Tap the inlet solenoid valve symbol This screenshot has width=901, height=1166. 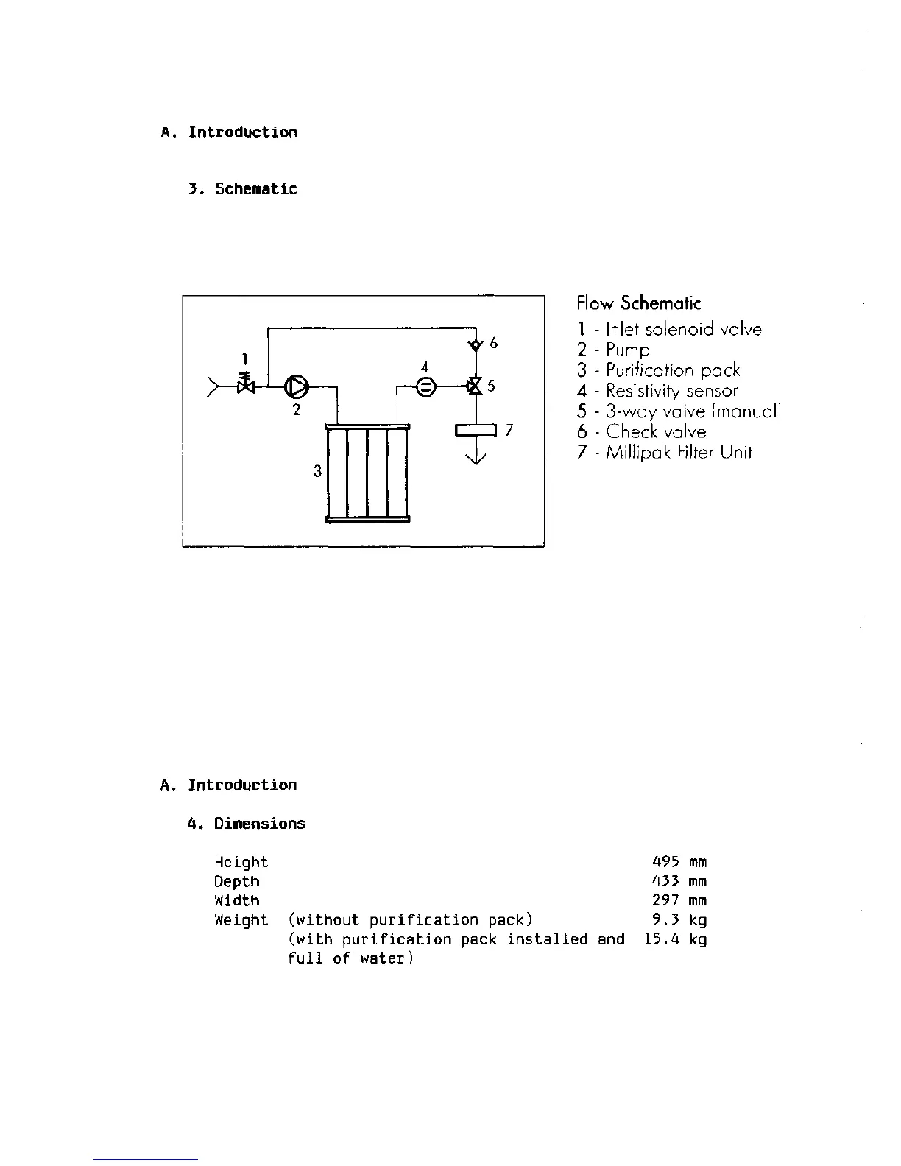[246, 385]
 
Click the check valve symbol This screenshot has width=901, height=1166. [476, 344]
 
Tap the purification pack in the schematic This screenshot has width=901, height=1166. [367, 473]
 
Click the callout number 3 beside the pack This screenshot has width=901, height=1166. [317, 471]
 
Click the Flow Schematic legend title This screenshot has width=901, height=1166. [638, 303]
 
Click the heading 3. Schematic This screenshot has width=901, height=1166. [242, 189]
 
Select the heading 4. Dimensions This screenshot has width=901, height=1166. [246, 824]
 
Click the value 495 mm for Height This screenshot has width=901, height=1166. [679, 862]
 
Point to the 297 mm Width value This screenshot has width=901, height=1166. [679, 900]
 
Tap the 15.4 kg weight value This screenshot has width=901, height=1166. [674, 939]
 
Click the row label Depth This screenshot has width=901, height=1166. [236, 881]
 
